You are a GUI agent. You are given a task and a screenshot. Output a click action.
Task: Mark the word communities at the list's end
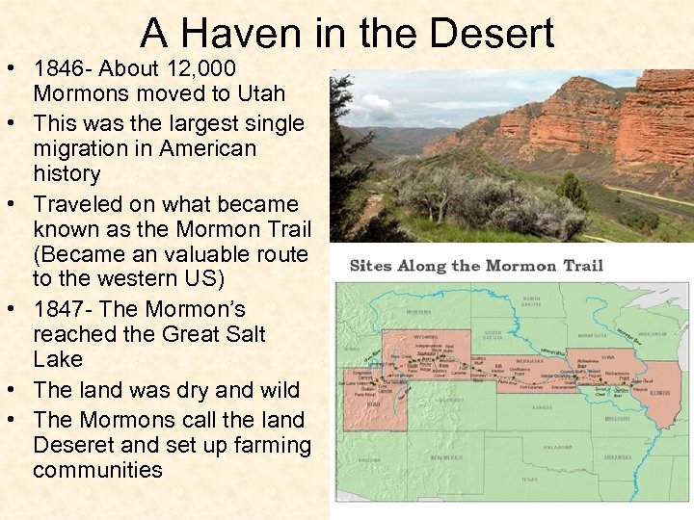pos(97,470)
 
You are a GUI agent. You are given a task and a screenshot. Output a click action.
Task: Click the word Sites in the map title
pos(370,266)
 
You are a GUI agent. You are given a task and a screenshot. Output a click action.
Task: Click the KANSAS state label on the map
pos(542,408)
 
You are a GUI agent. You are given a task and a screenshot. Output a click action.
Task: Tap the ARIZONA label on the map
pos(368,460)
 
